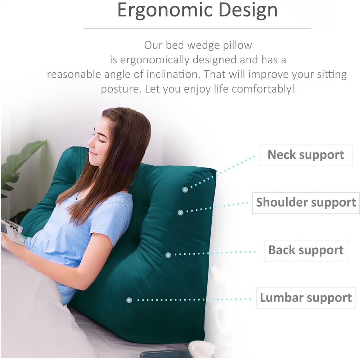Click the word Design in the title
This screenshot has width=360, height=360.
[x=248, y=11]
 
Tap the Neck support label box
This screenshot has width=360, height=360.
[x=306, y=155]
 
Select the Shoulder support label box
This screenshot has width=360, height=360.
[x=306, y=203]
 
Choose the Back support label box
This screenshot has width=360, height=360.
[x=306, y=251]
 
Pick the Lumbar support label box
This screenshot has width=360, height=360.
[x=306, y=298]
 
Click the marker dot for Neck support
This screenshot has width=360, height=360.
[x=185, y=190]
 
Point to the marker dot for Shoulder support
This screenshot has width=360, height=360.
[x=180, y=212]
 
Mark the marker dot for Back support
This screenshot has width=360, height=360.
[x=168, y=255]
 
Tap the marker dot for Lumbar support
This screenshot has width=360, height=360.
[x=129, y=300]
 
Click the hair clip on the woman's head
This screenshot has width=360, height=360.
[x=124, y=117]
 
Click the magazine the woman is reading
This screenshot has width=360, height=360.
[x=12, y=231]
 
